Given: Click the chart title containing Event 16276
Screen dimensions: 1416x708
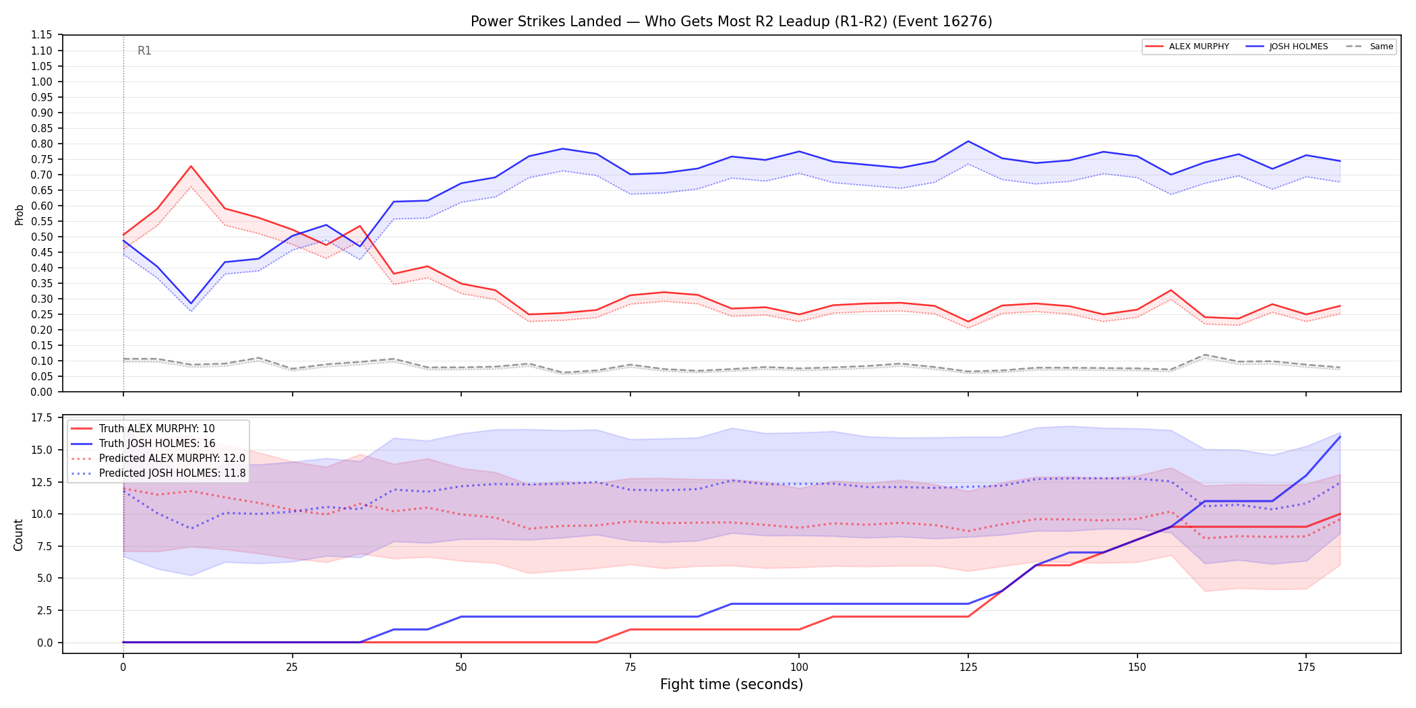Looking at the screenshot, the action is pyautogui.click(x=731, y=22).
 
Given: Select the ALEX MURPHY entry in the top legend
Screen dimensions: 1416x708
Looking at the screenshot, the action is pyautogui.click(x=1187, y=47).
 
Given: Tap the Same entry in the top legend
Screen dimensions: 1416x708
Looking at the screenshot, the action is pyautogui.click(x=1369, y=47).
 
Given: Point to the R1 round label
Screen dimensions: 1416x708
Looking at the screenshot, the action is pyautogui.click(x=144, y=51).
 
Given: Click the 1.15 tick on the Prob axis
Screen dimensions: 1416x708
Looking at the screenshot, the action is pyautogui.click(x=42, y=35).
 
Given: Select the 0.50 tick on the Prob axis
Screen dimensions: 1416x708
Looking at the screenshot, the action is pyautogui.click(x=42, y=237).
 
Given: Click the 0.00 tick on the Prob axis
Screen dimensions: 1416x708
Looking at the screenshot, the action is pyautogui.click(x=42, y=392).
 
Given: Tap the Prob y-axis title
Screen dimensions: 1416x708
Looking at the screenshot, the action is pyautogui.click(x=19, y=214).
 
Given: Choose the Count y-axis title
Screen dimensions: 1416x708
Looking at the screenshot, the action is pyautogui.click(x=18, y=535).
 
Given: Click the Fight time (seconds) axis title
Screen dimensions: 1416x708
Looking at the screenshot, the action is pyautogui.click(x=732, y=684).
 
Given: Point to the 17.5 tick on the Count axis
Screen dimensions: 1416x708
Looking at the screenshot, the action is pyautogui.click(x=42, y=418).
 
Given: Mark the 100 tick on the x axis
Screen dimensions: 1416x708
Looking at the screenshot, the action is pyautogui.click(x=799, y=668).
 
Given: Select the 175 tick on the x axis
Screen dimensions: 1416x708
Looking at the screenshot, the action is pyautogui.click(x=1306, y=668).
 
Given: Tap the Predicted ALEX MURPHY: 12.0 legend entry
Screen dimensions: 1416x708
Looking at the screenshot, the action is pyautogui.click(x=158, y=459).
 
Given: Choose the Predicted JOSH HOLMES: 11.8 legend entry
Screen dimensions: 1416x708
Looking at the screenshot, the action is pyautogui.click(x=158, y=473).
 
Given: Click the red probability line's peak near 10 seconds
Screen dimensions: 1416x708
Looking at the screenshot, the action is pyautogui.click(x=191, y=166).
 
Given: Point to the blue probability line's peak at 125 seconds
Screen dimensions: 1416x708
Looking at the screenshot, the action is pyautogui.click(x=968, y=141).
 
